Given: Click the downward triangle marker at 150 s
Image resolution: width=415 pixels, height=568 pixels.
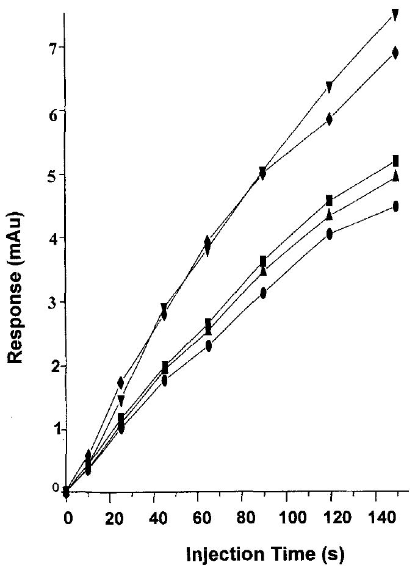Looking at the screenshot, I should (x=395, y=15).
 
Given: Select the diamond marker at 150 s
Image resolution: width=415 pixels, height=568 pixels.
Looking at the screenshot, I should (x=395, y=53).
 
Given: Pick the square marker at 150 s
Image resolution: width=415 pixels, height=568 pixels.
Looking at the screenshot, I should (x=395, y=161).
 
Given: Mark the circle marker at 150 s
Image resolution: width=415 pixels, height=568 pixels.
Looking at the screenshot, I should (x=395, y=206).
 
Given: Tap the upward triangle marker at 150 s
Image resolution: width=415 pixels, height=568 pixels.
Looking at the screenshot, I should (x=395, y=176).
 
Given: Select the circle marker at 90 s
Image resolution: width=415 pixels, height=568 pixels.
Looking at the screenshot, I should (x=263, y=293).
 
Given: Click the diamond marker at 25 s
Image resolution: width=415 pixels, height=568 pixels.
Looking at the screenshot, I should (x=121, y=383).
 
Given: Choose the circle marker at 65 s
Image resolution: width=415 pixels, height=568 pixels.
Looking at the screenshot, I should (x=208, y=346).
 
